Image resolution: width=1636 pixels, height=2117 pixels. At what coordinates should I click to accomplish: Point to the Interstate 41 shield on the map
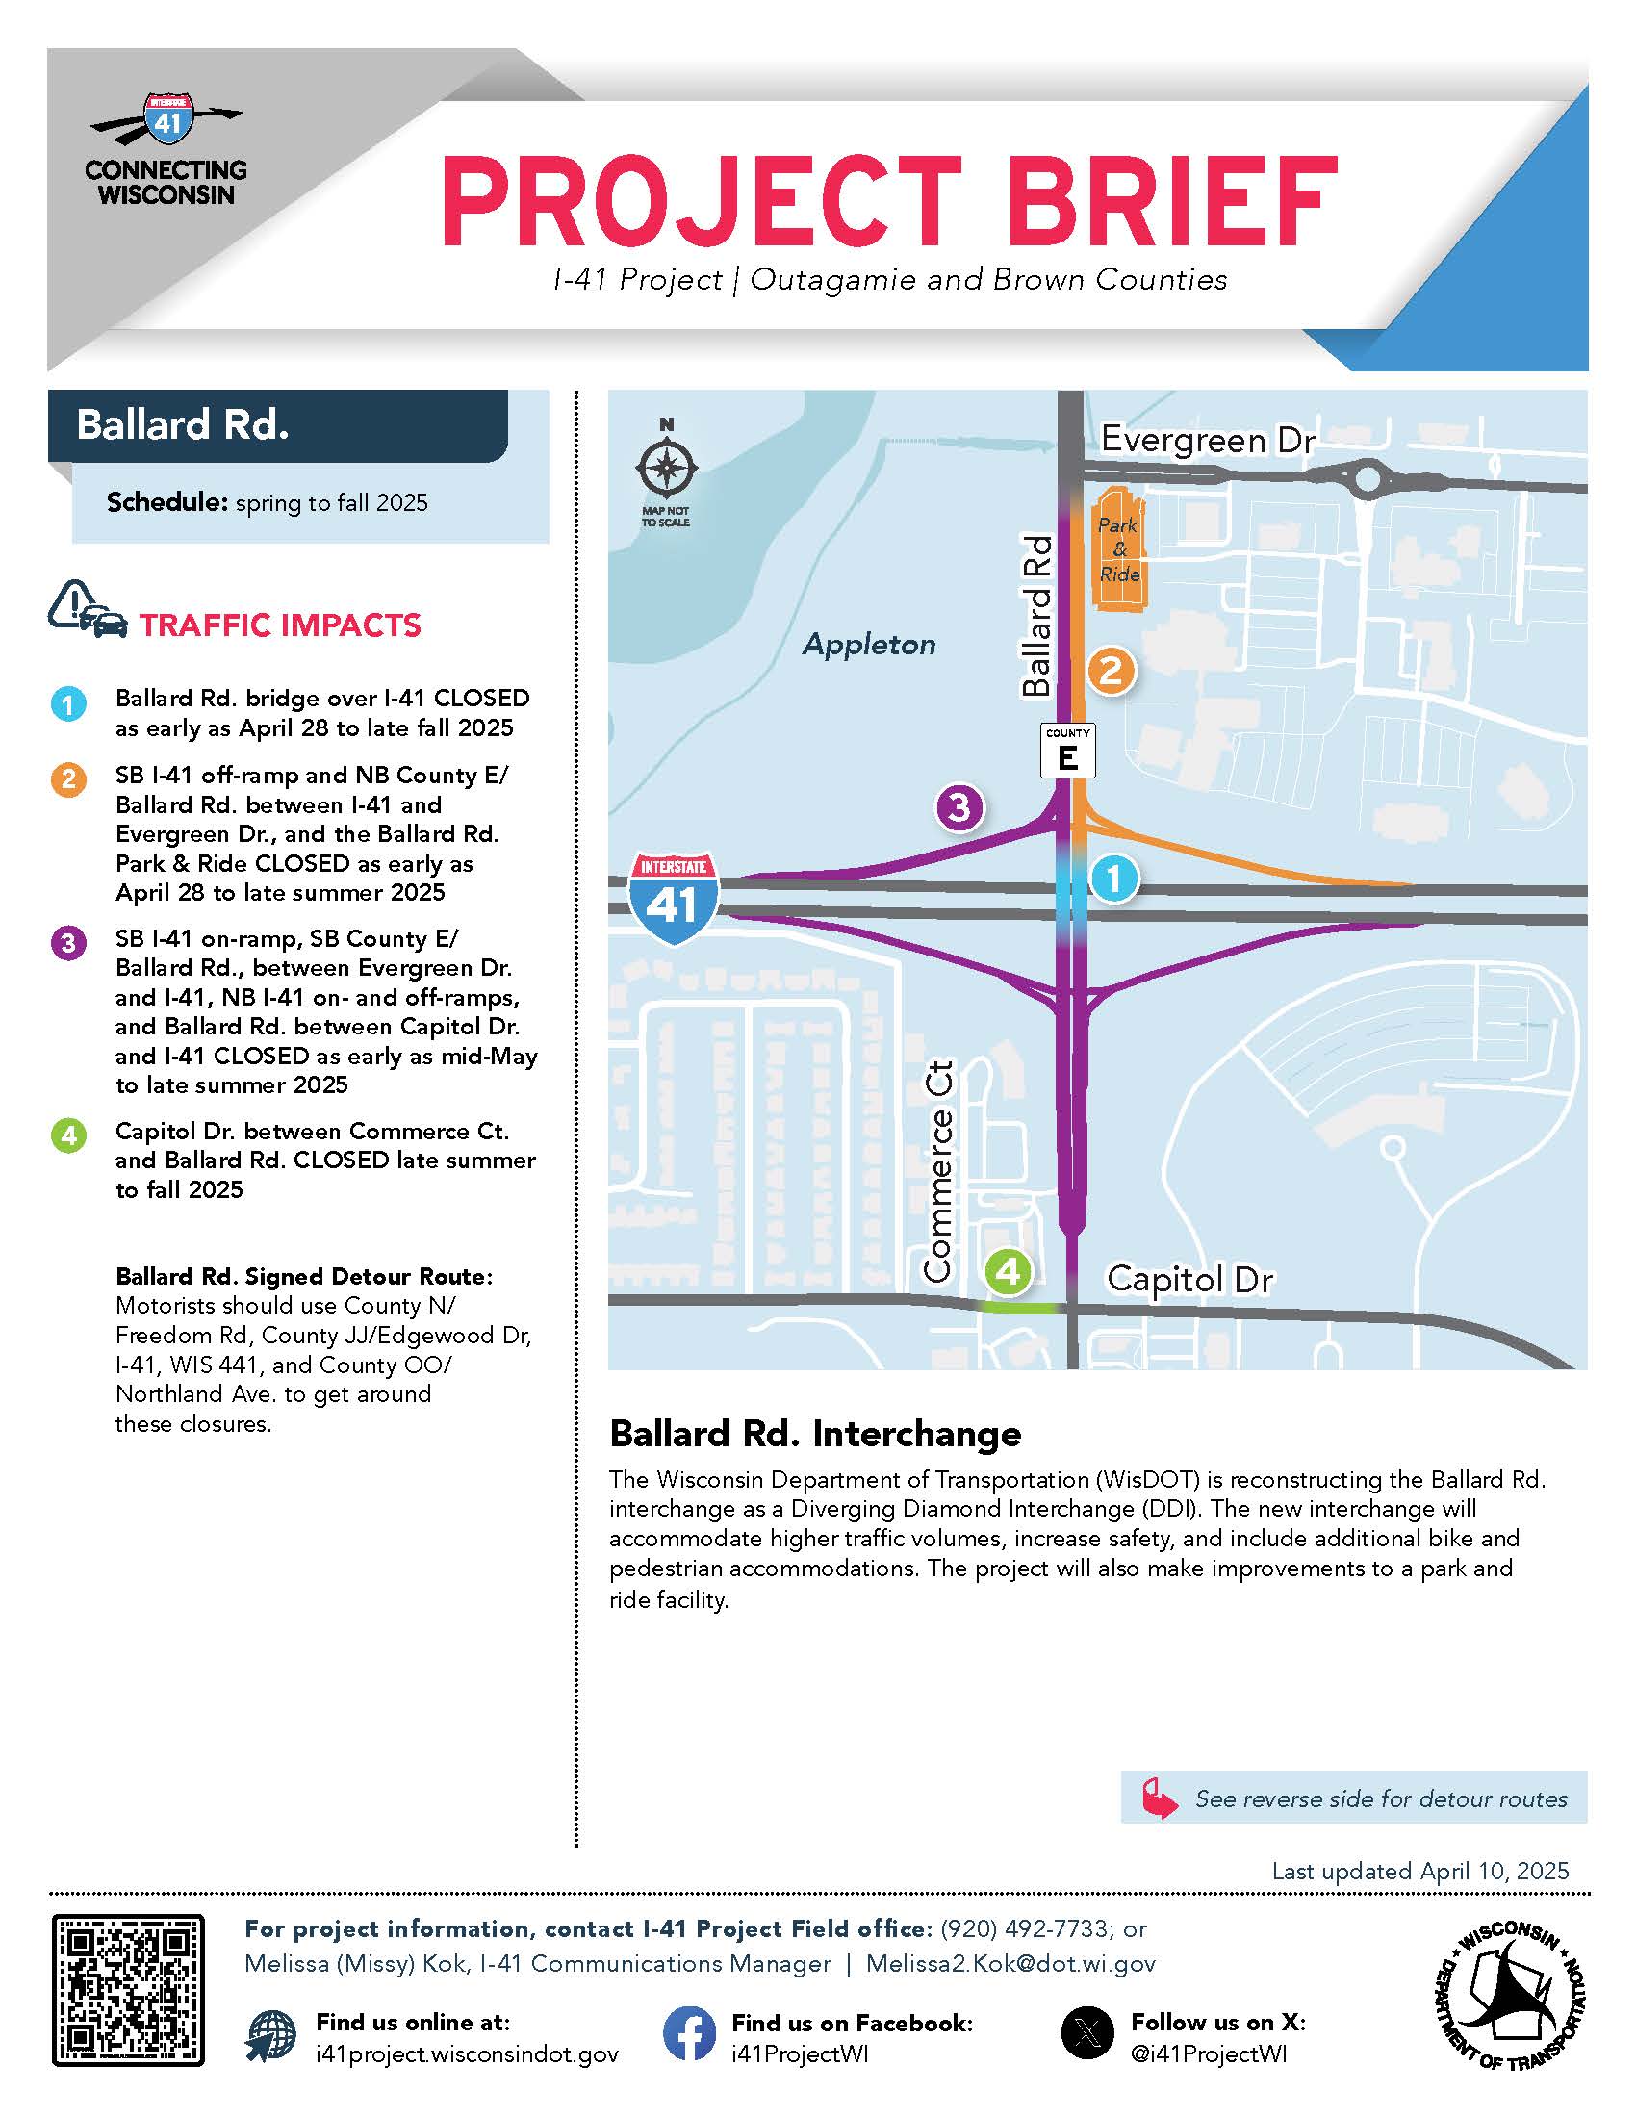coord(674,898)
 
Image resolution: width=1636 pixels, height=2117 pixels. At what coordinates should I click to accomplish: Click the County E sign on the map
coord(1067,751)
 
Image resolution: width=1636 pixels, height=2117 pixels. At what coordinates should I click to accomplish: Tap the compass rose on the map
coord(666,470)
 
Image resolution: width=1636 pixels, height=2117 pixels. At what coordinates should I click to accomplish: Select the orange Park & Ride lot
coord(1119,548)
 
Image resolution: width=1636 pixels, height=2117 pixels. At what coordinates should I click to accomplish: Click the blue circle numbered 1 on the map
coord(1113,879)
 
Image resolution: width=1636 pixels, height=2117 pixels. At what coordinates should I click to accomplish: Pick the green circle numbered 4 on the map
coord(1008,1270)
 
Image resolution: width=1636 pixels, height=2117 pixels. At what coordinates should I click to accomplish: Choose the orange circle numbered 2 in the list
coord(69,779)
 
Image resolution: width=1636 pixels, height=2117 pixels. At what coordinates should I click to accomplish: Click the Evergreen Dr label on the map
coord(1208,441)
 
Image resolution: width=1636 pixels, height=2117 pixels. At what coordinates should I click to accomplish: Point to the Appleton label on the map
coord(869,645)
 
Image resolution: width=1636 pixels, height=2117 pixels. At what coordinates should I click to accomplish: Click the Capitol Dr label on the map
coord(1189,1280)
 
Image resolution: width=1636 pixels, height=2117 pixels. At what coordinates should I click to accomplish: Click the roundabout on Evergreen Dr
coord(1367,478)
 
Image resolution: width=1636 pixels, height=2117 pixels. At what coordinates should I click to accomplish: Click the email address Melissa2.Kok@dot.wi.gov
coord(1010,1964)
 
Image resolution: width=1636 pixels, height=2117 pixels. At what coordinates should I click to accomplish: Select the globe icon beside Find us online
coord(271,2034)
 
